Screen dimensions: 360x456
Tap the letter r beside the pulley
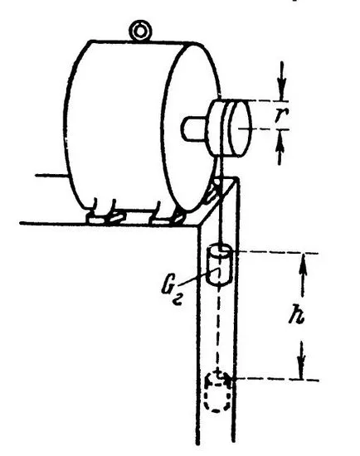(281, 115)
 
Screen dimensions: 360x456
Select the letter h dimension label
(297, 314)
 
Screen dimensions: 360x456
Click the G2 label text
(172, 293)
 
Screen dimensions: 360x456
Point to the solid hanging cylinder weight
(219, 264)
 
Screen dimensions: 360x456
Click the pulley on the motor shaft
(229, 129)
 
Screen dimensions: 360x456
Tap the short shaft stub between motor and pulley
(193, 129)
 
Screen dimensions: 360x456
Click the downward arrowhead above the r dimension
(282, 89)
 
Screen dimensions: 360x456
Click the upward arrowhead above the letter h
(303, 266)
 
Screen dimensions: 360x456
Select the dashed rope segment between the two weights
(217, 328)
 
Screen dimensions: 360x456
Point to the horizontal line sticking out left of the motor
(51, 176)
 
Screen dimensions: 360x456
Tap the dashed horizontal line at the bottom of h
(275, 380)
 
